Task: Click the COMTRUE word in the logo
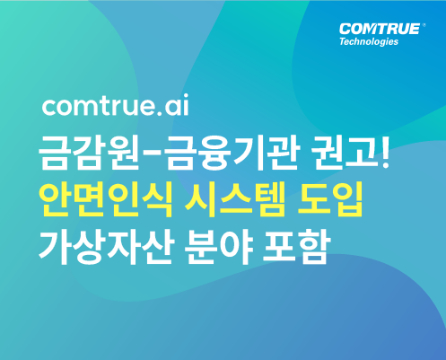click(380, 30)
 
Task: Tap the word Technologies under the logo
click(369, 41)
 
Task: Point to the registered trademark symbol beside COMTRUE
click(424, 25)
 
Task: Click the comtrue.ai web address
click(116, 105)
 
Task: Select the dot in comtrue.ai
click(159, 113)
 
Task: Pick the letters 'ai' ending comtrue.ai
click(177, 105)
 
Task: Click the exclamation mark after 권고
click(385, 153)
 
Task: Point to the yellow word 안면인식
click(106, 199)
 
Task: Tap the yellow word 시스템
click(234, 199)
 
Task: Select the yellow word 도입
click(330, 199)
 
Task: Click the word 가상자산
click(106, 246)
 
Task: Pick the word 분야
click(218, 246)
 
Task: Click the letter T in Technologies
click(343, 41)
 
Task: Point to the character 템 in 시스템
click(269, 199)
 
